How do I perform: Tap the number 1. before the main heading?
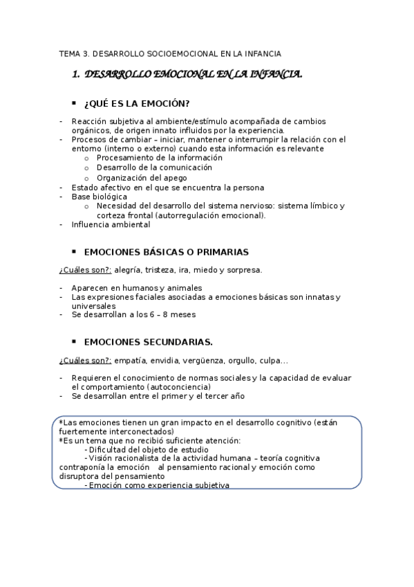pyautogui.click(x=76, y=74)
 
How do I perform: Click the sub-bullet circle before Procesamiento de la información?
pyautogui.click(x=86, y=158)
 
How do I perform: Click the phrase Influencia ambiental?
pyautogui.click(x=111, y=224)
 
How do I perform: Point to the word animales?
pyautogui.click(x=182, y=287)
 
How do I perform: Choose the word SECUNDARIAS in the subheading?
pyautogui.click(x=173, y=342)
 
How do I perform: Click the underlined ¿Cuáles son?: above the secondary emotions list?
pyautogui.click(x=85, y=360)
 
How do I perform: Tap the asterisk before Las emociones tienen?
pyautogui.click(x=61, y=422)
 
